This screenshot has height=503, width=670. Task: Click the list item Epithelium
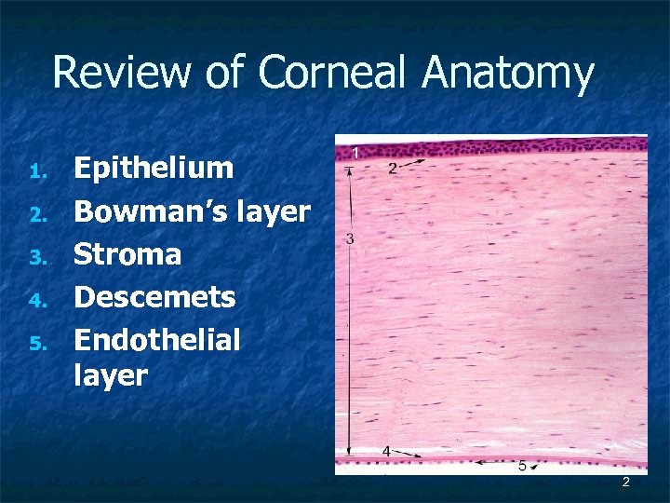click(154, 169)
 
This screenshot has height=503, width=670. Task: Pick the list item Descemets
click(154, 298)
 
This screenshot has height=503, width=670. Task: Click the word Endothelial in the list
click(156, 341)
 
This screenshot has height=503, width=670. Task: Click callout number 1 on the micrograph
click(355, 152)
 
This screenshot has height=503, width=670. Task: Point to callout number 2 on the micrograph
click(393, 169)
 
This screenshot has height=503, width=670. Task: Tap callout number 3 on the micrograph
click(349, 239)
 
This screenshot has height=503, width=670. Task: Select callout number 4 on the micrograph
click(386, 452)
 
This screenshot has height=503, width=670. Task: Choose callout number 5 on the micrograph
click(522, 465)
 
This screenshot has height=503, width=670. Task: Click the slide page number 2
click(625, 482)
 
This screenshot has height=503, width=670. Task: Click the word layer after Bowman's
click(273, 212)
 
